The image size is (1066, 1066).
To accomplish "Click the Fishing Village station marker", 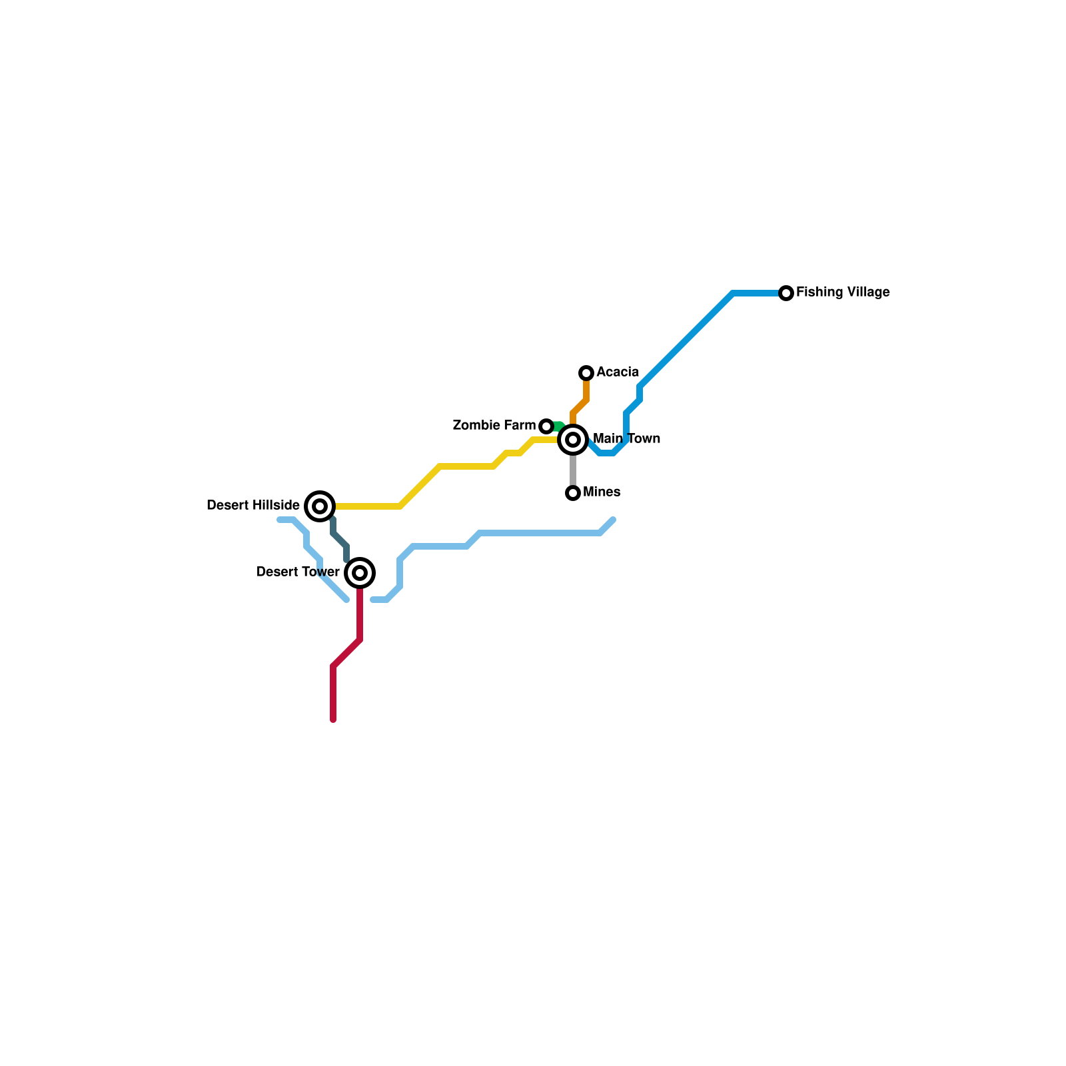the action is point(786,293).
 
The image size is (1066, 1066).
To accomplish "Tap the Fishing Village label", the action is point(843,292).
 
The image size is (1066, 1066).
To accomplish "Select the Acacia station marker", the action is point(586,373).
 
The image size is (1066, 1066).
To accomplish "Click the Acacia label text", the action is point(618,372).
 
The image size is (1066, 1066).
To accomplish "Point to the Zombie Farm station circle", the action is point(546,426).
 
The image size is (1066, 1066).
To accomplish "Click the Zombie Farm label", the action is point(494,426).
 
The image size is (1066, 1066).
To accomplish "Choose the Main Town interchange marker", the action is point(573,440).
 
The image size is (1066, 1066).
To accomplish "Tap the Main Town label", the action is point(626,439).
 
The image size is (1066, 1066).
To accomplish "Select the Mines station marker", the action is point(573,493).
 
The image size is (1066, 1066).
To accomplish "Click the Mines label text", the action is point(602,492).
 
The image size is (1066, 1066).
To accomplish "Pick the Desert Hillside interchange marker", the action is point(320,506).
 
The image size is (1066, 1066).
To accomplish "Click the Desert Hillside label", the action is point(253,506).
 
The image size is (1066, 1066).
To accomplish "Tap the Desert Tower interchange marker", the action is point(360,573).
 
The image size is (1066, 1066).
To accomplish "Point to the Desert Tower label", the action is point(298,572).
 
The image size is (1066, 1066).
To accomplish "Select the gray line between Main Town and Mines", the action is point(573,470).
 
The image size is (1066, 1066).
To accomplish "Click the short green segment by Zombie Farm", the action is point(558,426).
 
